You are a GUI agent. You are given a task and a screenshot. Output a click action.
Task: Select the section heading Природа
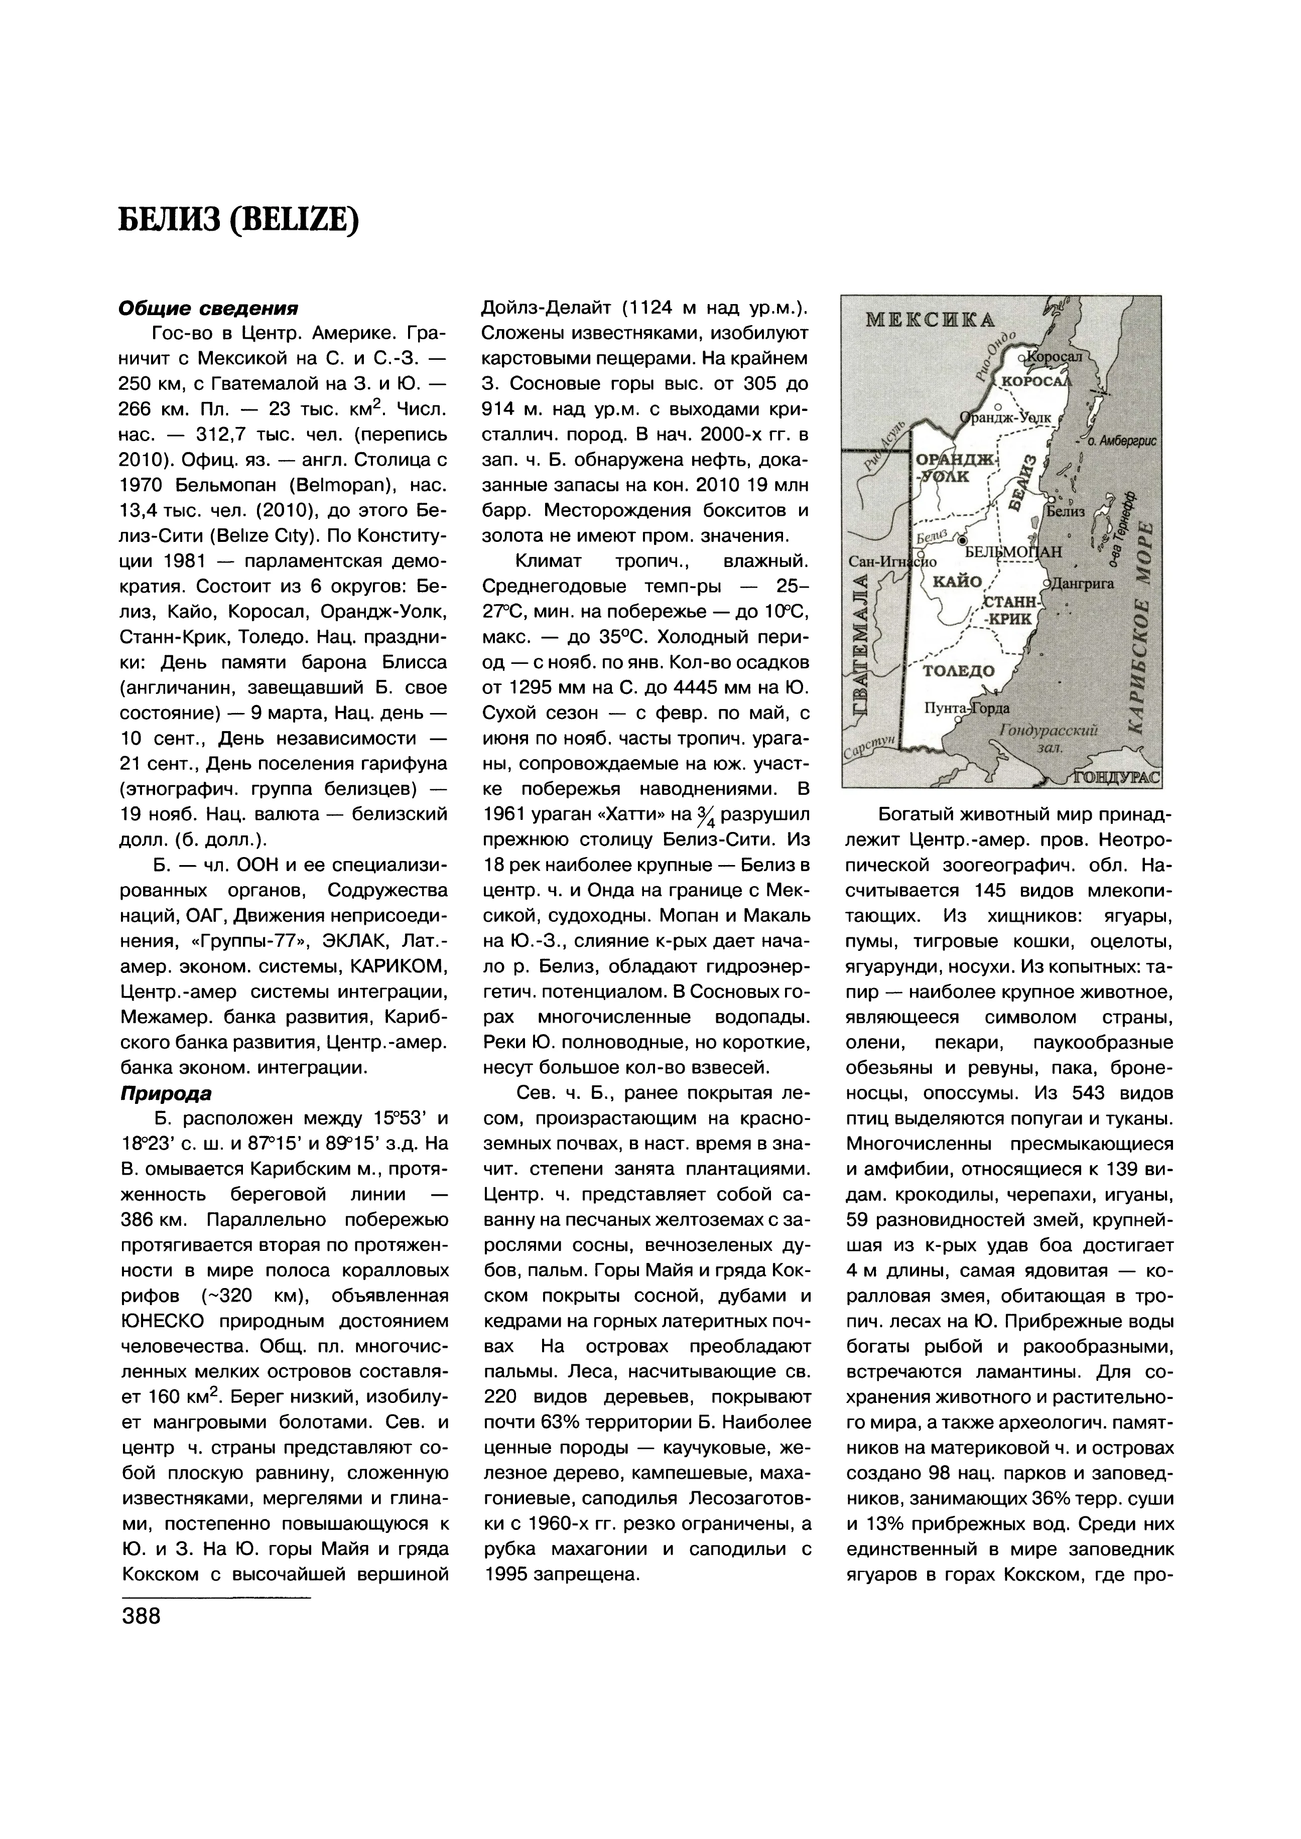(x=166, y=1093)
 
